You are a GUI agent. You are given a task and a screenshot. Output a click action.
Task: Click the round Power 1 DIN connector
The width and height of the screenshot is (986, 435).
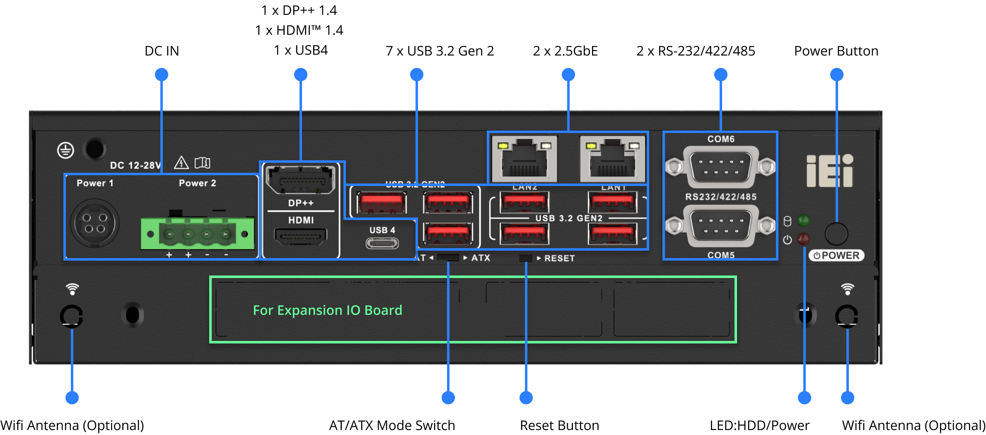click(x=95, y=223)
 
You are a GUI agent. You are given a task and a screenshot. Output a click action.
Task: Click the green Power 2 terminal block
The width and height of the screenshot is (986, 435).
click(x=197, y=234)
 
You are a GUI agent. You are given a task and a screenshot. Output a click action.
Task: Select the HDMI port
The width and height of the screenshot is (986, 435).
click(x=301, y=237)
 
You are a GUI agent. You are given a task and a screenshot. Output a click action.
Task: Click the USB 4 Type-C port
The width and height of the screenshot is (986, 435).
click(x=382, y=243)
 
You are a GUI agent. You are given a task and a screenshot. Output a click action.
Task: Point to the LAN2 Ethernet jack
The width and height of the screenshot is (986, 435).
click(x=524, y=159)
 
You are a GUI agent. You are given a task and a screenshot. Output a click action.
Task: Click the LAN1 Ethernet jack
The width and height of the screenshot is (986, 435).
click(x=613, y=159)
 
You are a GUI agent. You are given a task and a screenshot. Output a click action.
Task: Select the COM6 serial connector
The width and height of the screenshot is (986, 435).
click(x=720, y=167)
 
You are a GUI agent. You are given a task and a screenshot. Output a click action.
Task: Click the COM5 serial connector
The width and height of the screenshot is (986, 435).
click(x=720, y=226)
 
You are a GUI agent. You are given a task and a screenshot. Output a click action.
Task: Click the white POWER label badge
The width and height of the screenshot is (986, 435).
click(x=836, y=255)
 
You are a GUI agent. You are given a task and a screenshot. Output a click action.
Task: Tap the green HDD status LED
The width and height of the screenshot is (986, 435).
click(x=804, y=220)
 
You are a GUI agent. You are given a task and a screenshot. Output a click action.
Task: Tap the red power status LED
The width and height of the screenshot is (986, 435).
click(x=804, y=239)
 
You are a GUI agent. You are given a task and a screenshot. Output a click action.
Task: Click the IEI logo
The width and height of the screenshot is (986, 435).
click(x=830, y=171)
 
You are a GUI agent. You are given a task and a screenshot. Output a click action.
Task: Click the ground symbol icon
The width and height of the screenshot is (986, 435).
click(x=65, y=150)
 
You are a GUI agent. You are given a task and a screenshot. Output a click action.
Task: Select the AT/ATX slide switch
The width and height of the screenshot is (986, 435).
click(x=448, y=258)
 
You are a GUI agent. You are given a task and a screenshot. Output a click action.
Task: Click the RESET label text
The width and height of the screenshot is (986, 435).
click(x=559, y=259)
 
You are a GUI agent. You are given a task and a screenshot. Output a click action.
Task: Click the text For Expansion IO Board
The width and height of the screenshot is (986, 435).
click(x=327, y=310)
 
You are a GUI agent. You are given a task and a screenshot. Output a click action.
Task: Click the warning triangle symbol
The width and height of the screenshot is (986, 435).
click(x=181, y=163)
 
